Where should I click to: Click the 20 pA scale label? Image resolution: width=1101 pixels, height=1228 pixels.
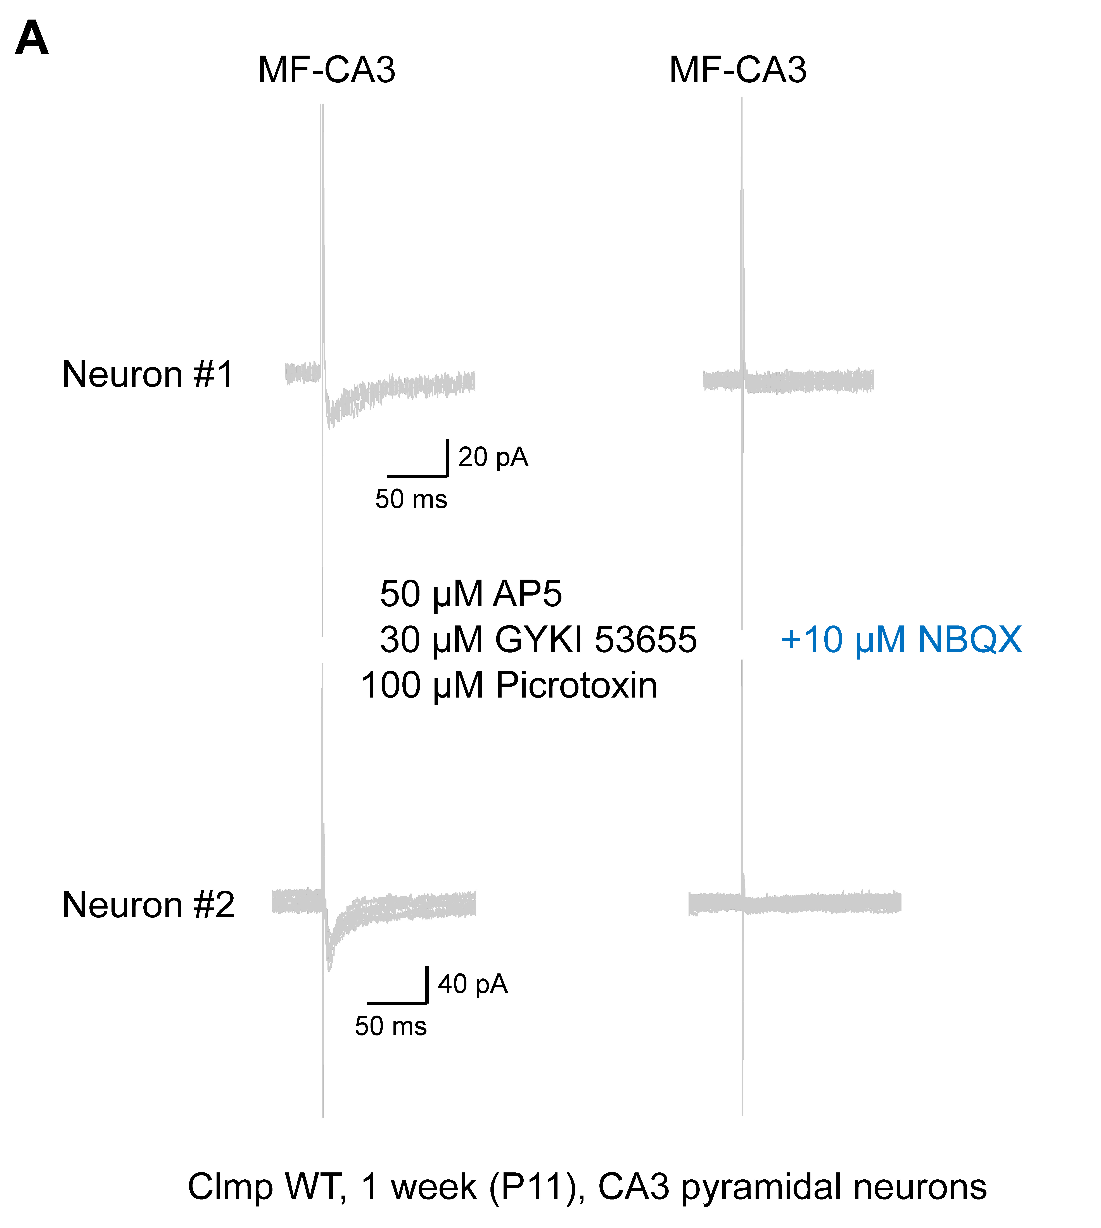pos(493,457)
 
